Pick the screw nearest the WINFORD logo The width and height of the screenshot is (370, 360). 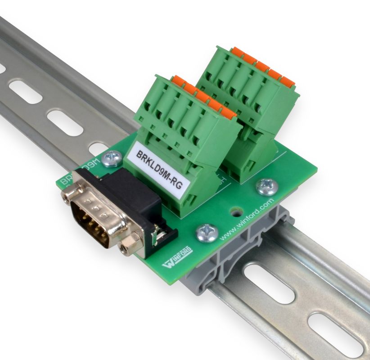(x=208, y=233)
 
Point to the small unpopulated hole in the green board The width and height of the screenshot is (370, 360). (x=235, y=211)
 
